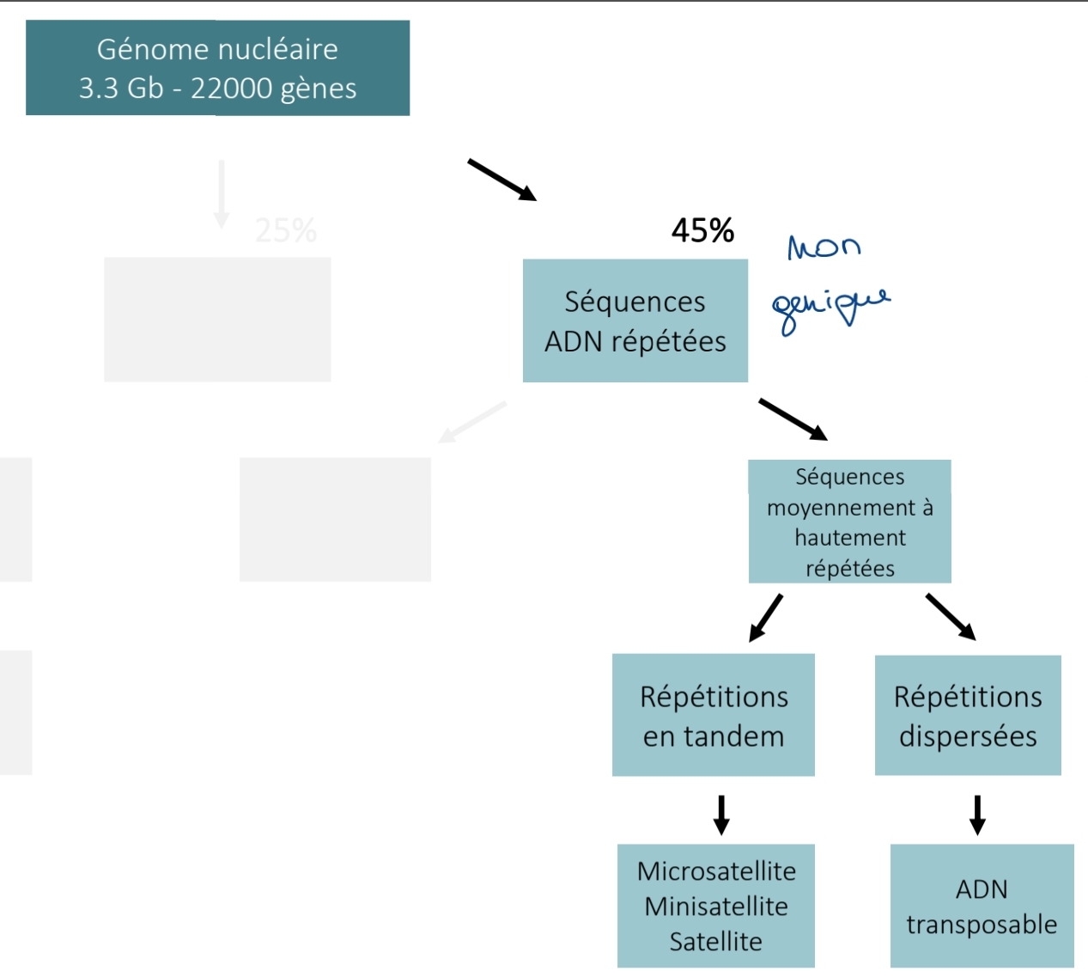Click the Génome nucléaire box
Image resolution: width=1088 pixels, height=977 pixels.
(x=217, y=68)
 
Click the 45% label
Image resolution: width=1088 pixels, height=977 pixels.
(x=702, y=230)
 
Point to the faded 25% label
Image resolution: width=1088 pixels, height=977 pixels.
(x=286, y=230)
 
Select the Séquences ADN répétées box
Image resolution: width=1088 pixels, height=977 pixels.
(x=635, y=321)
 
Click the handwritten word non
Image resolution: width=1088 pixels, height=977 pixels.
(x=824, y=247)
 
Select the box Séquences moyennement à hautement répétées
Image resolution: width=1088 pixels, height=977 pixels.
(x=849, y=522)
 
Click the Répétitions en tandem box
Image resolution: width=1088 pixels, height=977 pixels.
(x=713, y=715)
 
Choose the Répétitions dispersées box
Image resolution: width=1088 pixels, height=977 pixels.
(x=968, y=715)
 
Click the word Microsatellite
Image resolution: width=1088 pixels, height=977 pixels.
(x=716, y=871)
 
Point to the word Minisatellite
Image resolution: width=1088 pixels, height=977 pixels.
(x=716, y=907)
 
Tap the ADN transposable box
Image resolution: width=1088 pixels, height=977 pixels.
(x=982, y=906)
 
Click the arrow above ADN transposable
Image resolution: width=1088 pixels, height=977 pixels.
(x=977, y=815)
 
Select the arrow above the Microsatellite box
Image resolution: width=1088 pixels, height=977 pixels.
(x=721, y=815)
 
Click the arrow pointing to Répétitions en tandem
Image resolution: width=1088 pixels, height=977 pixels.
(x=766, y=618)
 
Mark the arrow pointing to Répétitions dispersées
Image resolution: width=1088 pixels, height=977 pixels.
(x=951, y=617)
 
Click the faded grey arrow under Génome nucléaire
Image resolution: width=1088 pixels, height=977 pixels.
(x=222, y=194)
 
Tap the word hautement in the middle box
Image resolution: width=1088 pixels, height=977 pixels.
(x=849, y=538)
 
